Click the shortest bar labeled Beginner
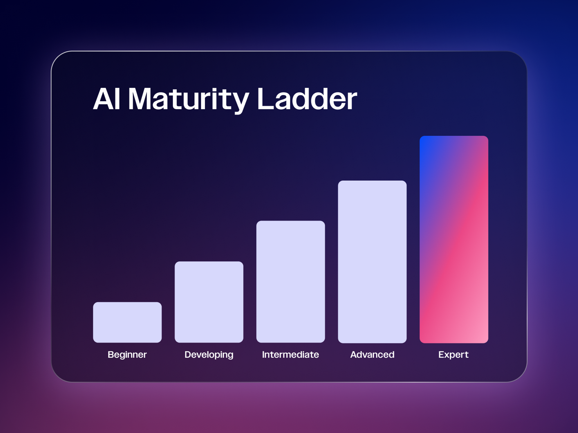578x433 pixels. click(x=127, y=322)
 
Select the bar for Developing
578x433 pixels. click(x=209, y=302)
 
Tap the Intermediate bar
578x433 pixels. click(x=291, y=282)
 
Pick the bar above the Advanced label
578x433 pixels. click(x=372, y=262)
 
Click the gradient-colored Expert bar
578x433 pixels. click(x=454, y=239)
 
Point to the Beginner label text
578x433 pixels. click(x=127, y=355)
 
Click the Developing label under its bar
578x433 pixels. click(x=209, y=355)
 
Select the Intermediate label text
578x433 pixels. click(x=291, y=355)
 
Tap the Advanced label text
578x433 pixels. click(x=372, y=355)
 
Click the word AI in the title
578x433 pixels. click(x=107, y=99)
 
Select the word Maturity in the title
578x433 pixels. click(x=188, y=100)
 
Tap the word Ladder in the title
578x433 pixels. click(x=307, y=99)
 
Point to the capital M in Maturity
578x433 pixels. click(x=140, y=99)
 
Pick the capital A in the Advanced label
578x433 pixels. click(x=354, y=355)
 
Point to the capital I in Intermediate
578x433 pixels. click(x=263, y=355)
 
